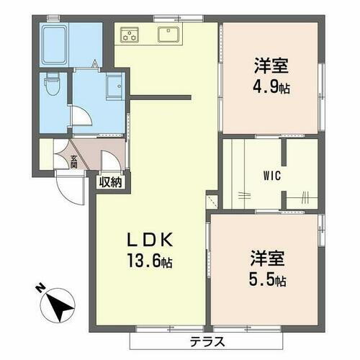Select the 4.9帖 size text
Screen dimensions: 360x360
pyautogui.click(x=271, y=89)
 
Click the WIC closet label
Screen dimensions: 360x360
pyautogui.click(x=271, y=175)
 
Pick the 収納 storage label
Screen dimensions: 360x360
pyautogui.click(x=111, y=181)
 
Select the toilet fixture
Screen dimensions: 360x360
pyautogui.click(x=51, y=86)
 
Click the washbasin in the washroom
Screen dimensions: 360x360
pyautogui.click(x=114, y=87)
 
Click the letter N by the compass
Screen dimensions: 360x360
pyautogui.click(x=40, y=290)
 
